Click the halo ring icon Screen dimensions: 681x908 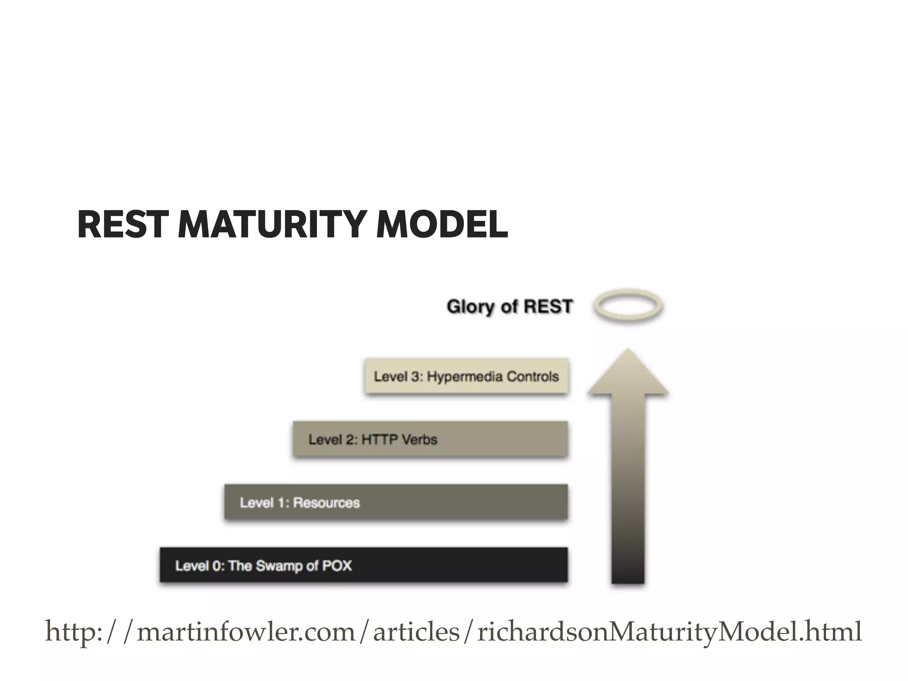(x=628, y=306)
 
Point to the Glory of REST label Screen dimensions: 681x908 (x=510, y=307)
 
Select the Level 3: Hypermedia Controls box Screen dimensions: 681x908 (x=466, y=376)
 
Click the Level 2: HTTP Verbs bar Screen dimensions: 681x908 (x=430, y=439)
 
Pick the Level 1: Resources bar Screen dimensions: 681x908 (x=396, y=502)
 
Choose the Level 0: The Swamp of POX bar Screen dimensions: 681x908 (x=364, y=565)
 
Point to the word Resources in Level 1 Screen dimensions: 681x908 (x=326, y=503)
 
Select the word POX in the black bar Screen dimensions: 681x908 (x=337, y=566)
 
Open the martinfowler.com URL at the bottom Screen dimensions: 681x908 (x=453, y=632)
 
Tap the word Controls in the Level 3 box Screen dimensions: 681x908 (x=532, y=376)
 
